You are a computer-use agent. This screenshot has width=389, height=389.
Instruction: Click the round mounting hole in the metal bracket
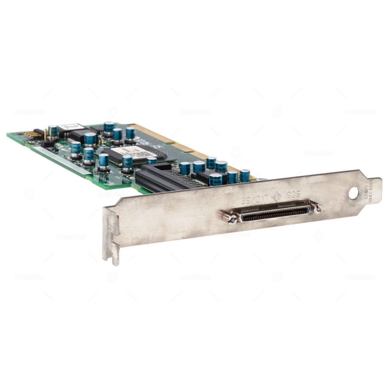pos(353,193)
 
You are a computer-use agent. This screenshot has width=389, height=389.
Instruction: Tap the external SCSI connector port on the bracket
pos(275,213)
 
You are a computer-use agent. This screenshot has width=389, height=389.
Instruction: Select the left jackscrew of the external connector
pos(230,218)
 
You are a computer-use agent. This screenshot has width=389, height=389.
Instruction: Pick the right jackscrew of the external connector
pos(317,208)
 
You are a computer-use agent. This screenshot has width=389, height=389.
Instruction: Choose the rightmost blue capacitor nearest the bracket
pos(245,176)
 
